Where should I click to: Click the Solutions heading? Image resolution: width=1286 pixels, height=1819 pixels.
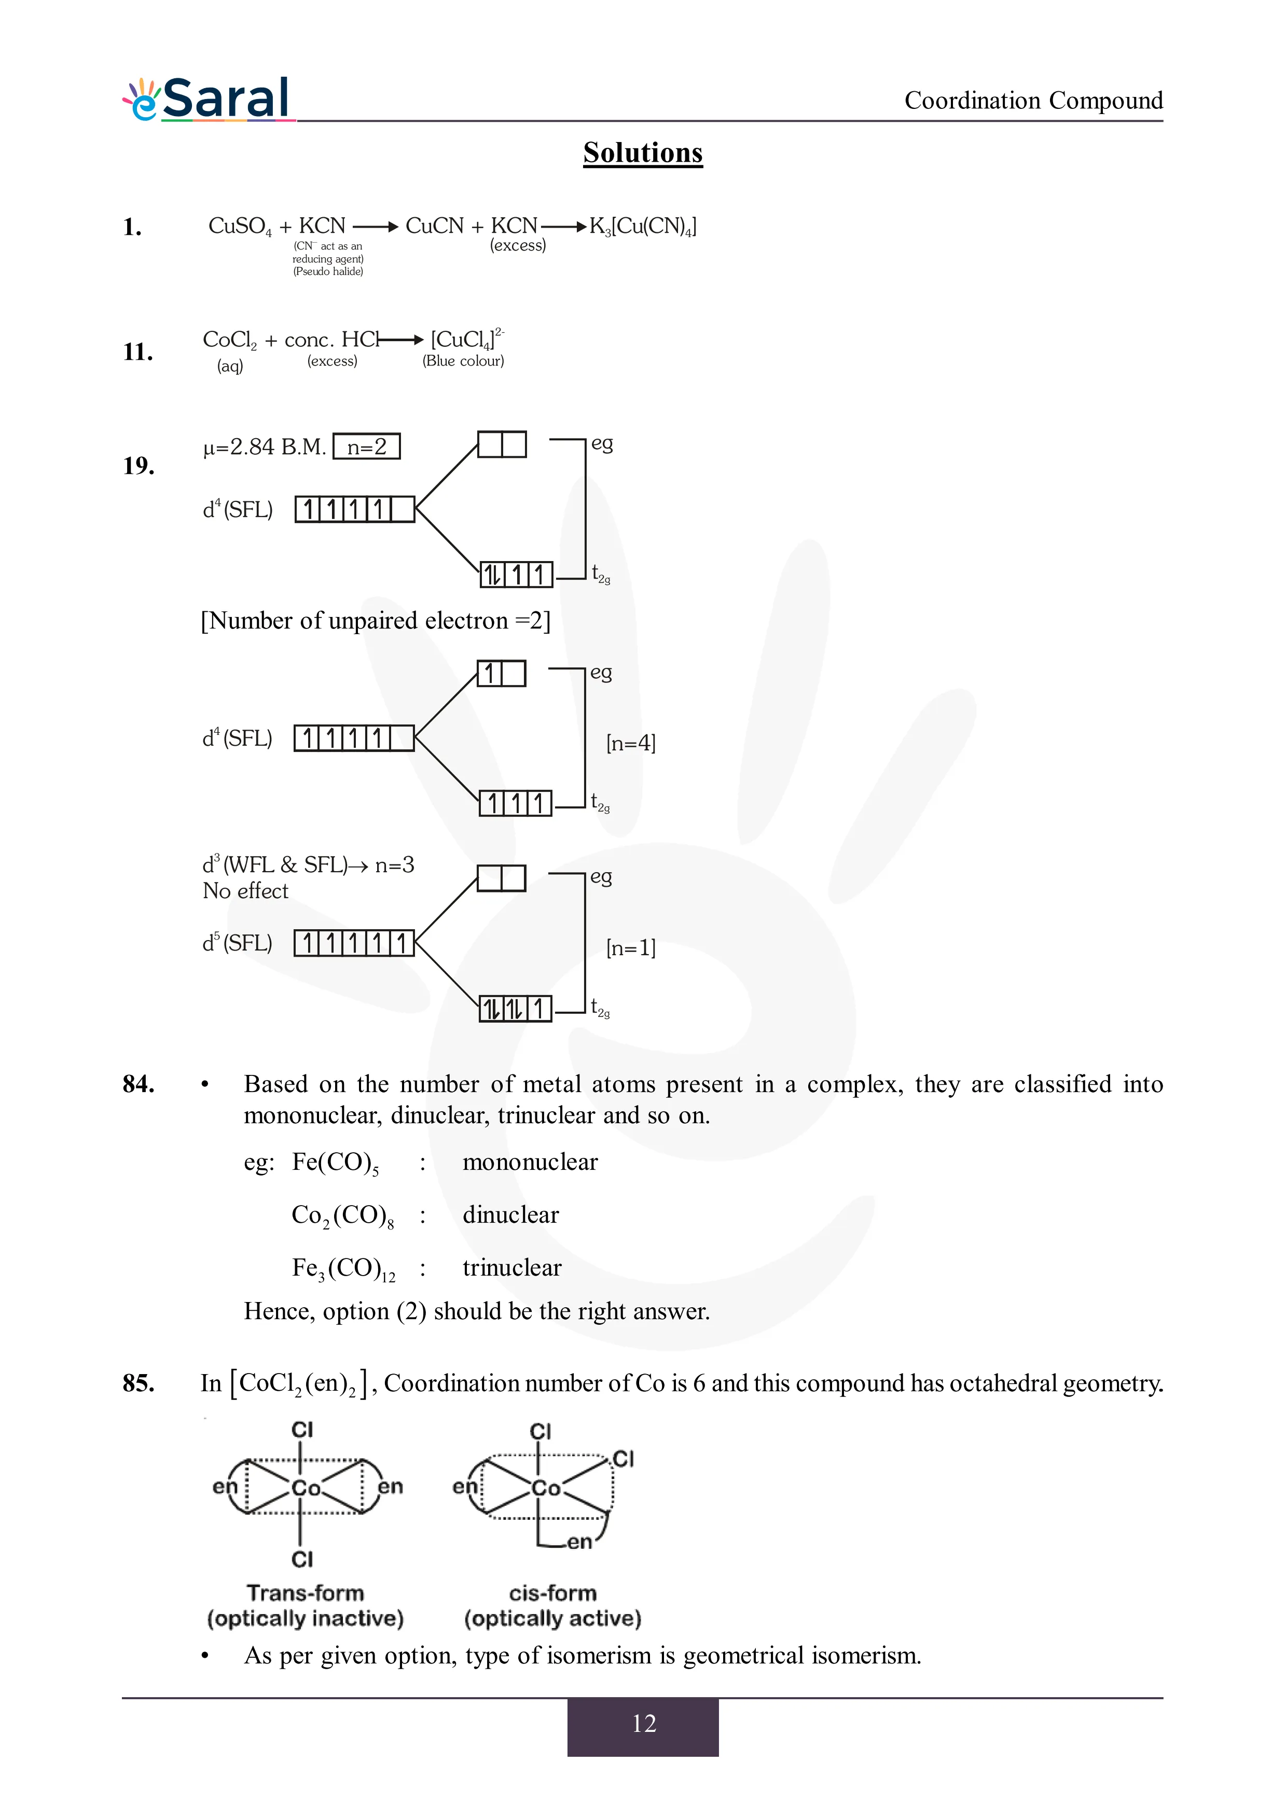coord(643,153)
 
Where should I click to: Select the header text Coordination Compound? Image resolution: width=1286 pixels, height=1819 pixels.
coord(1033,101)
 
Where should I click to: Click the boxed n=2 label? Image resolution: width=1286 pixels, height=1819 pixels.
coord(367,447)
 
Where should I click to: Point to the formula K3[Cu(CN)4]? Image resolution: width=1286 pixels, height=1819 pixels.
coord(643,227)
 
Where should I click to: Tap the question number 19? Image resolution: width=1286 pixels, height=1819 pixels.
coord(138,466)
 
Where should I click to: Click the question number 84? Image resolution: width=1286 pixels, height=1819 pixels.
coord(138,1084)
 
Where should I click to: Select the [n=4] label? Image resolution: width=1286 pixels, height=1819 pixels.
coord(631,743)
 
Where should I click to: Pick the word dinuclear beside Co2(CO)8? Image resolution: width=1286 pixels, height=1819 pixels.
coord(510,1214)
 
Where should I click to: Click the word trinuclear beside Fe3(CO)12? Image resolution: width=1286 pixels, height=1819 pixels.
coord(512,1268)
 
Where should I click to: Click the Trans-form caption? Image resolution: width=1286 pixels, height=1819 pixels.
coord(305,1593)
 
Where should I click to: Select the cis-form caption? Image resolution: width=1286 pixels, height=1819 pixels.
coord(552,1593)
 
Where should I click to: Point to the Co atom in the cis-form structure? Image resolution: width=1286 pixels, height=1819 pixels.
coord(546,1489)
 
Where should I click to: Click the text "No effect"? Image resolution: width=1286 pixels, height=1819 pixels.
coord(245,891)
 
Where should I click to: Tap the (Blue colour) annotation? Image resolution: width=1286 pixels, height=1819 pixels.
coord(464,361)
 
